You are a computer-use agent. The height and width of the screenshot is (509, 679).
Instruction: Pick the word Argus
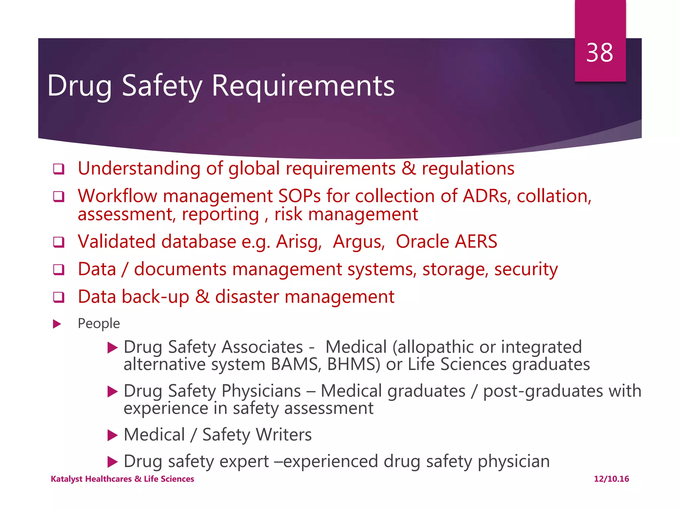[359, 242]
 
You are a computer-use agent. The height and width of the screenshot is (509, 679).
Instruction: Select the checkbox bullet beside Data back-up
[59, 297]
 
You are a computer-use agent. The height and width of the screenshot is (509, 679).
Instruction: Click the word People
[99, 323]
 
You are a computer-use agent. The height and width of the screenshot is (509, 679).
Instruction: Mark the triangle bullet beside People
[57, 324]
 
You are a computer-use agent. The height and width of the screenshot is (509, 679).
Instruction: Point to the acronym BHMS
[353, 365]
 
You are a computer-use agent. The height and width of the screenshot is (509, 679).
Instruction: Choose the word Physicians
[261, 391]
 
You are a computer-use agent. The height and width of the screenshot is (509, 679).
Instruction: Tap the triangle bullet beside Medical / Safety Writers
[113, 435]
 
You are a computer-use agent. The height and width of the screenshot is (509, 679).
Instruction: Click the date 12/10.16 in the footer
[611, 479]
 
